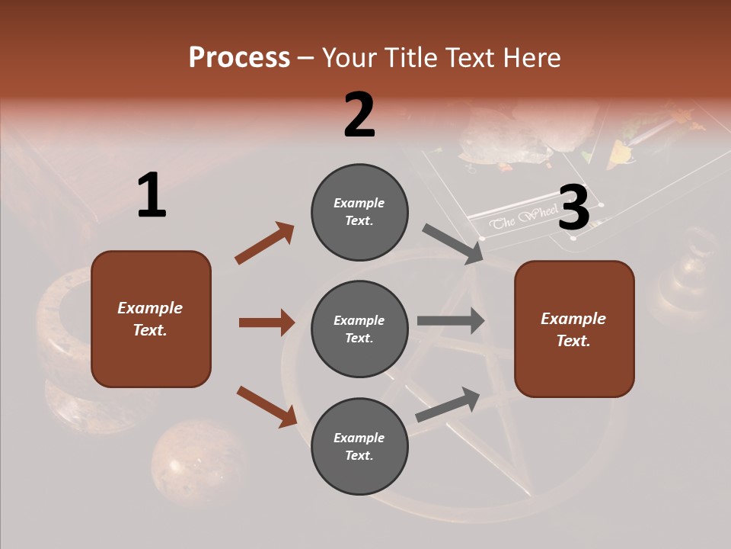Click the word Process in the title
coord(239,58)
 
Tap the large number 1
coord(152,197)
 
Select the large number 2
coord(359,115)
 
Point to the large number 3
coord(573,208)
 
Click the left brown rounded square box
coord(151,319)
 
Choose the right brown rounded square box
coord(574,329)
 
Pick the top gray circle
coord(359,212)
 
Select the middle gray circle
coord(359,329)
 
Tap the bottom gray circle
coord(359,447)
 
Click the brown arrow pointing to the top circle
coord(264,243)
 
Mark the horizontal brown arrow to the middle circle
coord(267,323)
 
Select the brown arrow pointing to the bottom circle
coord(267,406)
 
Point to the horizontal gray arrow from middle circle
coord(450,320)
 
